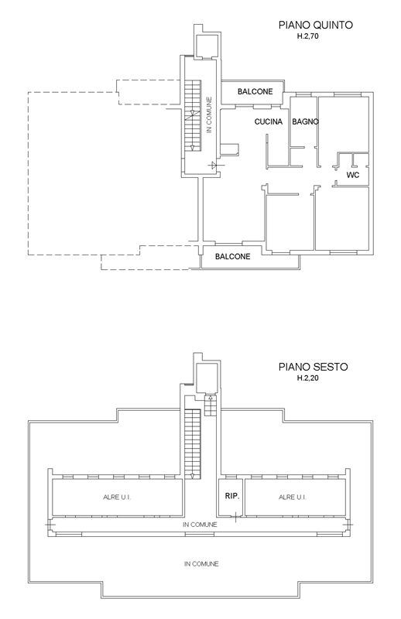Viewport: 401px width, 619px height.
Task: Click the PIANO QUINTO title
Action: pyautogui.click(x=316, y=25)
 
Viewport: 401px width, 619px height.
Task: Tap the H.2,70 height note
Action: pyautogui.click(x=308, y=36)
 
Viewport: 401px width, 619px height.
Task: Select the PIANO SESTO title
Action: pyautogui.click(x=314, y=367)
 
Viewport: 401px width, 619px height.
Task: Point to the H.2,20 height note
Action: pyautogui.click(x=308, y=378)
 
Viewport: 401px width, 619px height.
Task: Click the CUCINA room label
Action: pyautogui.click(x=269, y=121)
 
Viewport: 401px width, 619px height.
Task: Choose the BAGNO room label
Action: pyautogui.click(x=305, y=121)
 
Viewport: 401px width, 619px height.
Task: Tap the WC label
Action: pyautogui.click(x=353, y=175)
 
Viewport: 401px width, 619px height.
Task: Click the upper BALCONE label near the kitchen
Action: pyautogui.click(x=255, y=91)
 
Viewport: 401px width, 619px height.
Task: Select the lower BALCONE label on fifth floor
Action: pyautogui.click(x=233, y=257)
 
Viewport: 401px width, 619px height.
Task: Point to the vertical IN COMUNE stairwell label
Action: pyautogui.click(x=209, y=115)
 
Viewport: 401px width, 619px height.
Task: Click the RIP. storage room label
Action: pyautogui.click(x=232, y=496)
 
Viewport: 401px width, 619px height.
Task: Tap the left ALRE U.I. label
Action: pyautogui.click(x=117, y=497)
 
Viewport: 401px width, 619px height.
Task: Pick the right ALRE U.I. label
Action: pyautogui.click(x=293, y=497)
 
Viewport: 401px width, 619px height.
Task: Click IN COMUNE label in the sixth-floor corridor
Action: pyautogui.click(x=200, y=525)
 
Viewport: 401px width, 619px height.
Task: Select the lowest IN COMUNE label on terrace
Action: pyautogui.click(x=201, y=564)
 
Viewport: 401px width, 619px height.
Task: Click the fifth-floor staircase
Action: pyautogui.click(x=193, y=115)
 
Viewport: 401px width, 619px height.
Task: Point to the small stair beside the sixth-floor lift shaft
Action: pyautogui.click(x=211, y=405)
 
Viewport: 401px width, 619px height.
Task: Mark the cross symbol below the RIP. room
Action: pyautogui.click(x=235, y=517)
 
